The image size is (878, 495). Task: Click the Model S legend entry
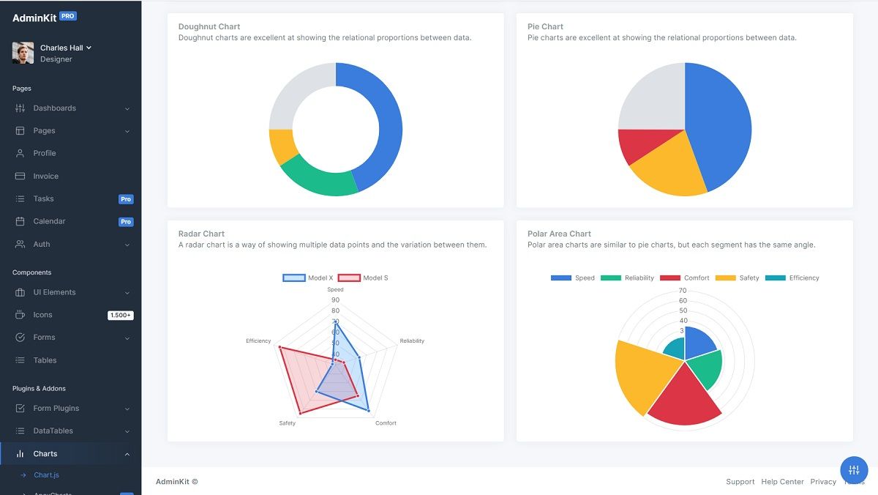tap(363, 278)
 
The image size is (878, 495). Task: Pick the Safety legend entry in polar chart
tap(738, 278)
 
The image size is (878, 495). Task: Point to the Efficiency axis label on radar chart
tap(258, 341)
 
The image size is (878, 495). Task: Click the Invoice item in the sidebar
tap(45, 176)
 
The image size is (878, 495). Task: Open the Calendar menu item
tap(49, 221)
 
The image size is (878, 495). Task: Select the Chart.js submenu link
tap(46, 475)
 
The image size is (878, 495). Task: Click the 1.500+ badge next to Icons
tap(120, 315)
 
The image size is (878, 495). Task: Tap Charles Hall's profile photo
tap(23, 53)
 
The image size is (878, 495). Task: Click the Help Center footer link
tap(782, 482)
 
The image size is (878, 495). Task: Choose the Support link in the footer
tap(740, 482)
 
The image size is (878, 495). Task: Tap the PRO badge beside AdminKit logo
tap(68, 16)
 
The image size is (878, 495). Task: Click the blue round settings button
tap(854, 470)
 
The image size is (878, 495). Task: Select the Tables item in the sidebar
tap(45, 360)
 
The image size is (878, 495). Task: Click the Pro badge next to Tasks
tap(126, 199)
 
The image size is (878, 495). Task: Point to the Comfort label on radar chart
tap(386, 423)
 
